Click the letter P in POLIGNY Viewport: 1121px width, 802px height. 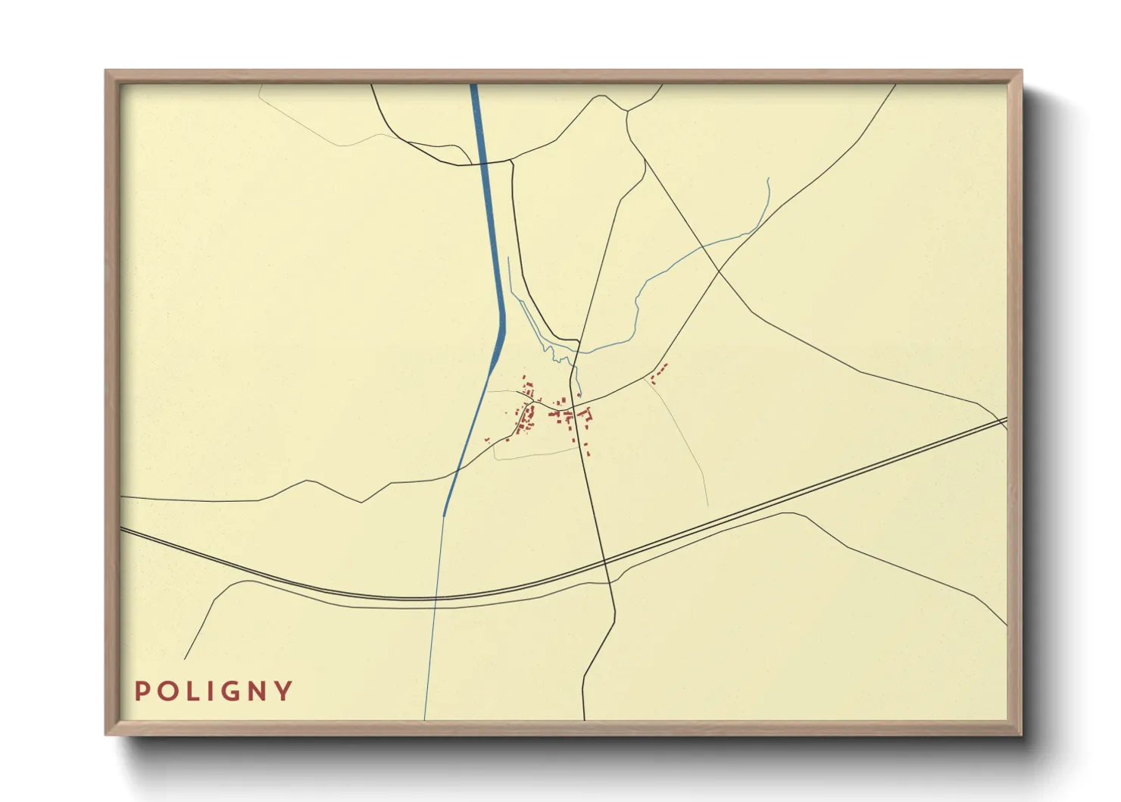[141, 691]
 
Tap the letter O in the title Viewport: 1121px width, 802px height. [167, 691]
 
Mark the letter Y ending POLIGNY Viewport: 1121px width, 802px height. [284, 691]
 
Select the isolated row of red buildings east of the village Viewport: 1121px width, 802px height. [660, 371]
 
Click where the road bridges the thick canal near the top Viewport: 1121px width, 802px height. [482, 162]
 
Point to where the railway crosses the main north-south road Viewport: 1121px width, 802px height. [605, 562]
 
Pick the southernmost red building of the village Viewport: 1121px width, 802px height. [588, 453]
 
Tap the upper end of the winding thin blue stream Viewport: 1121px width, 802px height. [768, 180]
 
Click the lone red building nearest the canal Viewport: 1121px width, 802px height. [487, 440]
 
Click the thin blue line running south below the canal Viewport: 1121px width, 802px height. [433, 622]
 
